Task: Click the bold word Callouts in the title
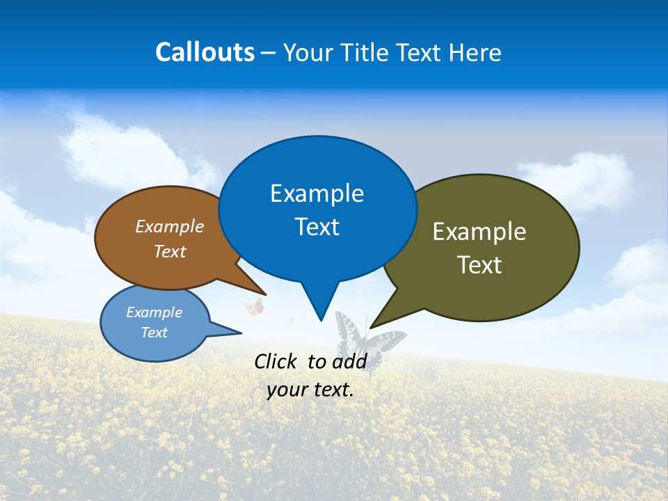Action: coord(205,52)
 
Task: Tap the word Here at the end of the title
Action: coord(475,52)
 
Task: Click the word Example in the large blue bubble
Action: coord(317,193)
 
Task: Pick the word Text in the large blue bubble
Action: coord(317,227)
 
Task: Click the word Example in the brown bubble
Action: coord(169,226)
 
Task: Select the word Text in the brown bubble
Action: coord(169,251)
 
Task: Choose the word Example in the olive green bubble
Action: coord(479,231)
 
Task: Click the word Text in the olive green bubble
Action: coord(479,265)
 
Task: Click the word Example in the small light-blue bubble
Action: coord(154,312)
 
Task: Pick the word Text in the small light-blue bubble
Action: coord(154,333)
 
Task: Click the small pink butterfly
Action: coord(254,307)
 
